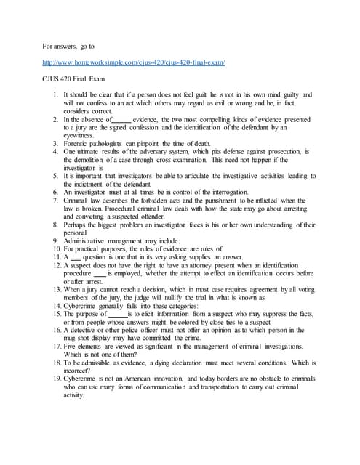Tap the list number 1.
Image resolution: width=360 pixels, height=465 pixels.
click(56, 95)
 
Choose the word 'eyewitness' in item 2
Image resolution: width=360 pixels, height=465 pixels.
click(82, 135)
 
